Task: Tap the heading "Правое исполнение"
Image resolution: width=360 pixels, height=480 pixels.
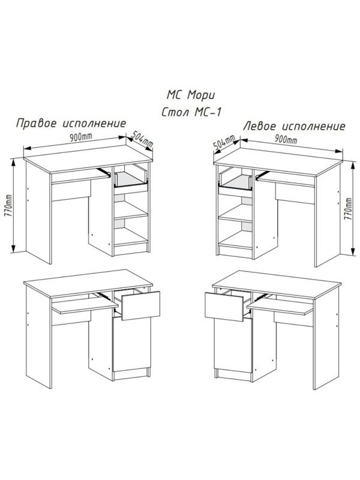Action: [71, 124]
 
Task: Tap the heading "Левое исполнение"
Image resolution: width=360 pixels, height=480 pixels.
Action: [294, 127]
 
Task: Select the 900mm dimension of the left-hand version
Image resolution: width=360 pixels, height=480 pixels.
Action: [285, 140]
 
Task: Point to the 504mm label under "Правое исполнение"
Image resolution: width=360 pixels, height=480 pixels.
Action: [143, 140]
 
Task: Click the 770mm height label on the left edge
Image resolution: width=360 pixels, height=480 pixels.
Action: [8, 208]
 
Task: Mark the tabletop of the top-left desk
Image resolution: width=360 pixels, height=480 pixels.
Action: [90, 156]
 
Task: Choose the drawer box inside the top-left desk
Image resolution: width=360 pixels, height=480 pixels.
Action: [130, 179]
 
